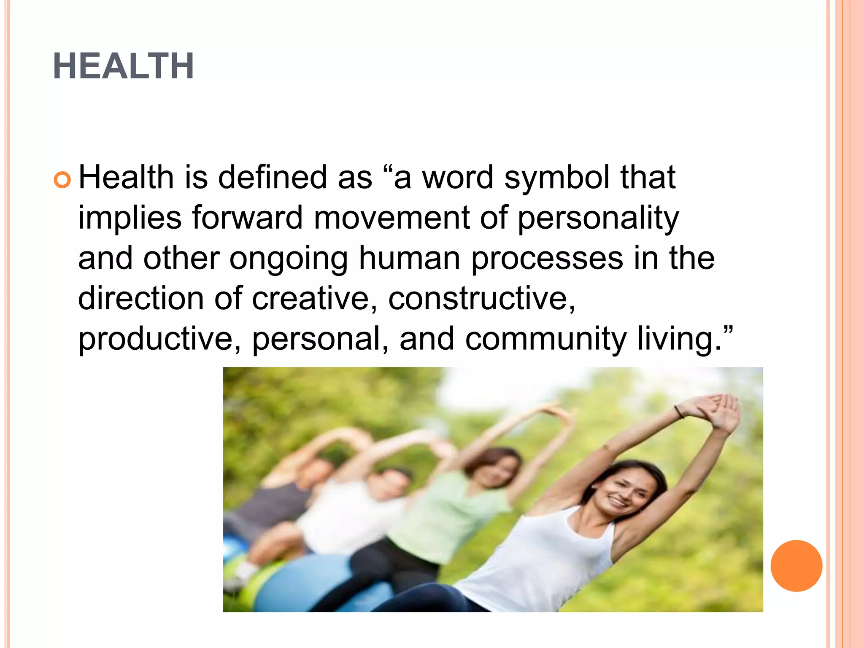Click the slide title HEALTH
tap(123, 66)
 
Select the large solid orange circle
tap(796, 566)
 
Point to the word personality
tap(598, 219)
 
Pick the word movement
tap(391, 218)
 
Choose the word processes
tap(547, 259)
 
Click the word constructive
tap(481, 298)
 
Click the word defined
tap(273, 177)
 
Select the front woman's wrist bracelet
tap(679, 412)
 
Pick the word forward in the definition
tap(247, 218)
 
